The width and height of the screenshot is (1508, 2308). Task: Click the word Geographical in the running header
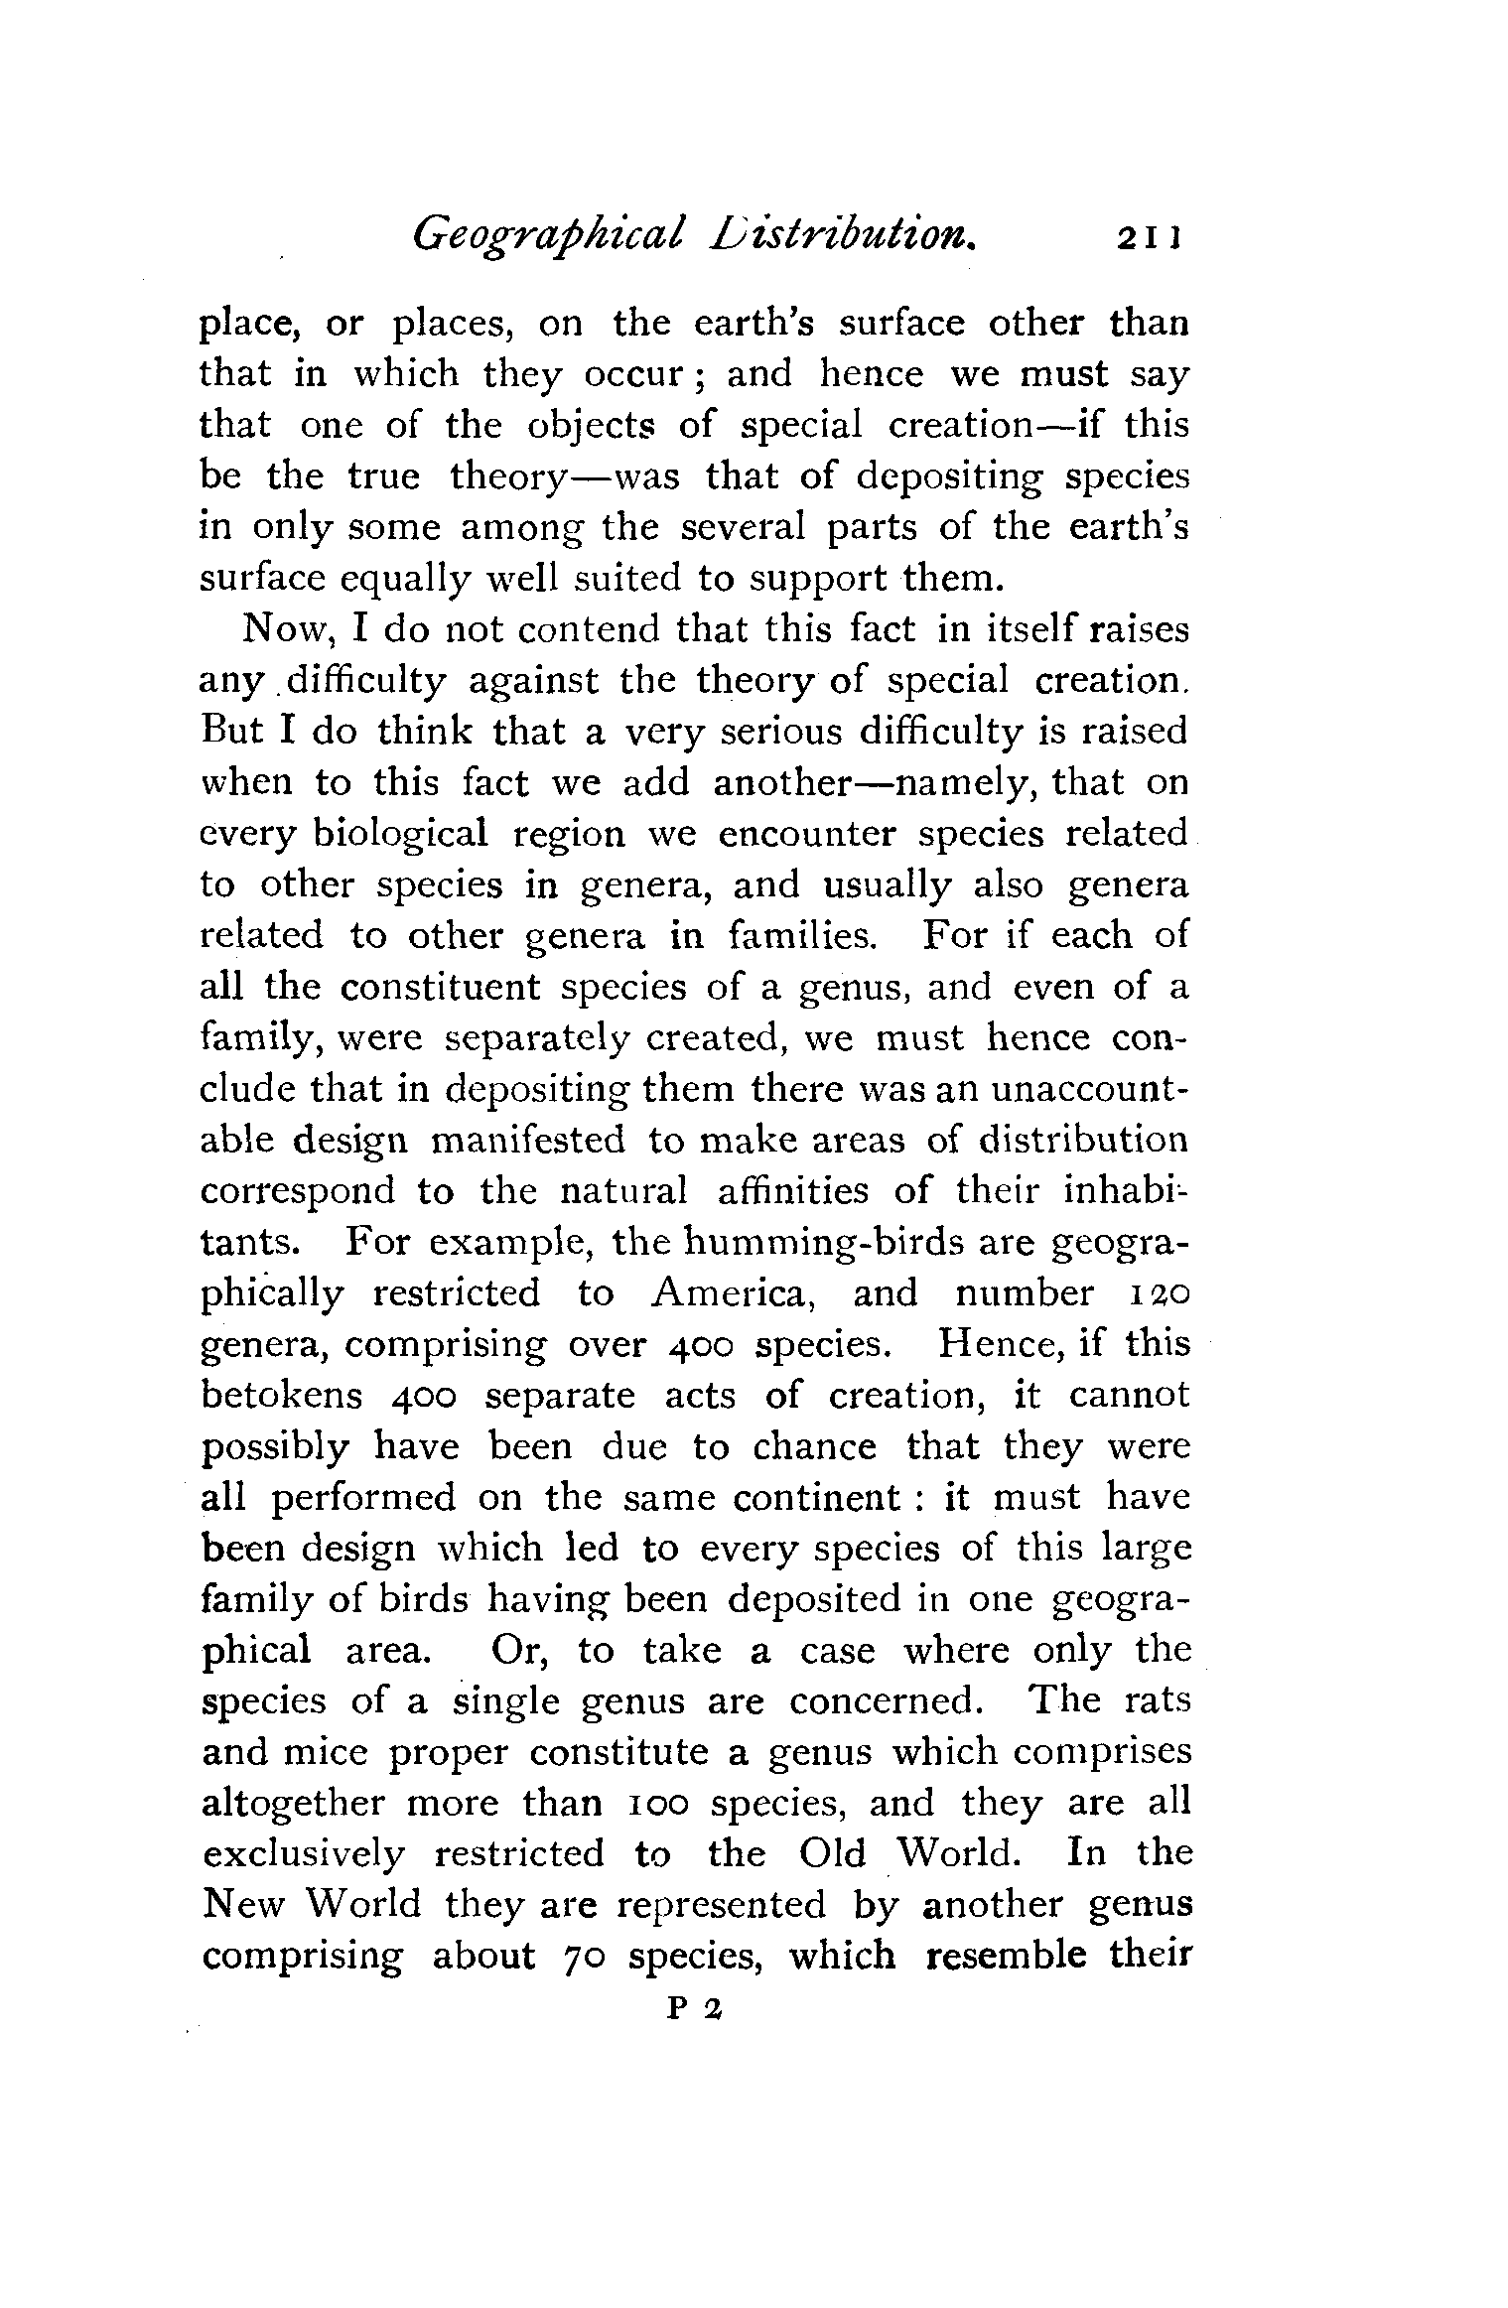tap(547, 235)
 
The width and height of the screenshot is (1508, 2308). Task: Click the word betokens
tap(280, 1395)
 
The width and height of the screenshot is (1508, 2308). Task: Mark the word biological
tap(401, 832)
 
